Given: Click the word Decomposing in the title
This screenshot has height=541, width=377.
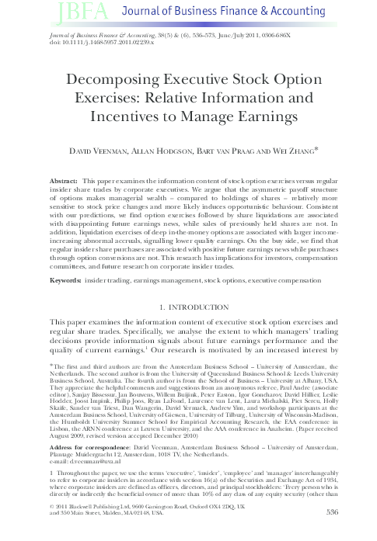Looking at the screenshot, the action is click(x=118, y=81).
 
